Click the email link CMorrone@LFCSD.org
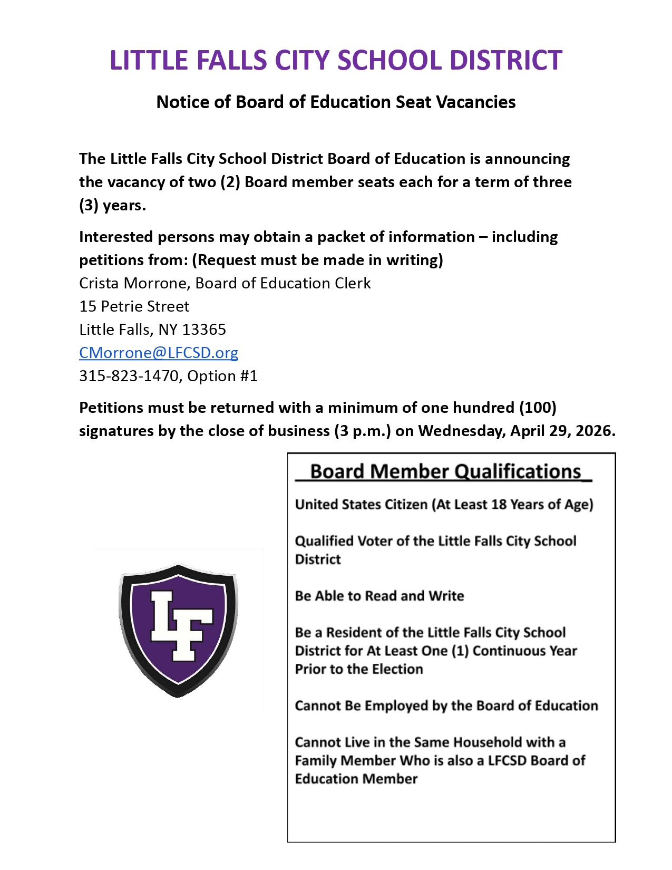coord(159,353)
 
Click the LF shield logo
coord(178,630)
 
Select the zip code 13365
coord(203,330)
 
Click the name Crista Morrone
coord(133,283)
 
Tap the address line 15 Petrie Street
coord(134,306)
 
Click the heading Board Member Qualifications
coord(445,471)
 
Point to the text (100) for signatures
coord(538,408)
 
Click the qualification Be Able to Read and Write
coord(379,596)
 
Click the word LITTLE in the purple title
coord(143,60)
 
